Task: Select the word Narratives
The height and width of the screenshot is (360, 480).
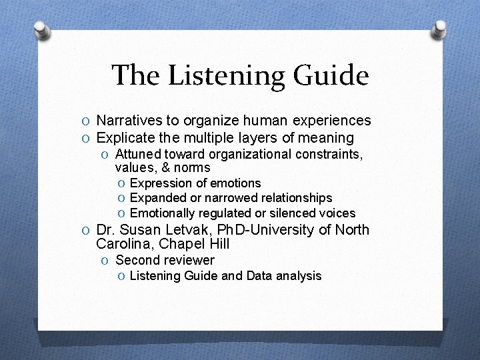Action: coord(129,121)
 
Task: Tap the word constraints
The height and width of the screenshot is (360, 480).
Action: coord(327,154)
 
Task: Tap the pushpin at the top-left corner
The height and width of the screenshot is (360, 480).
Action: coord(41,29)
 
